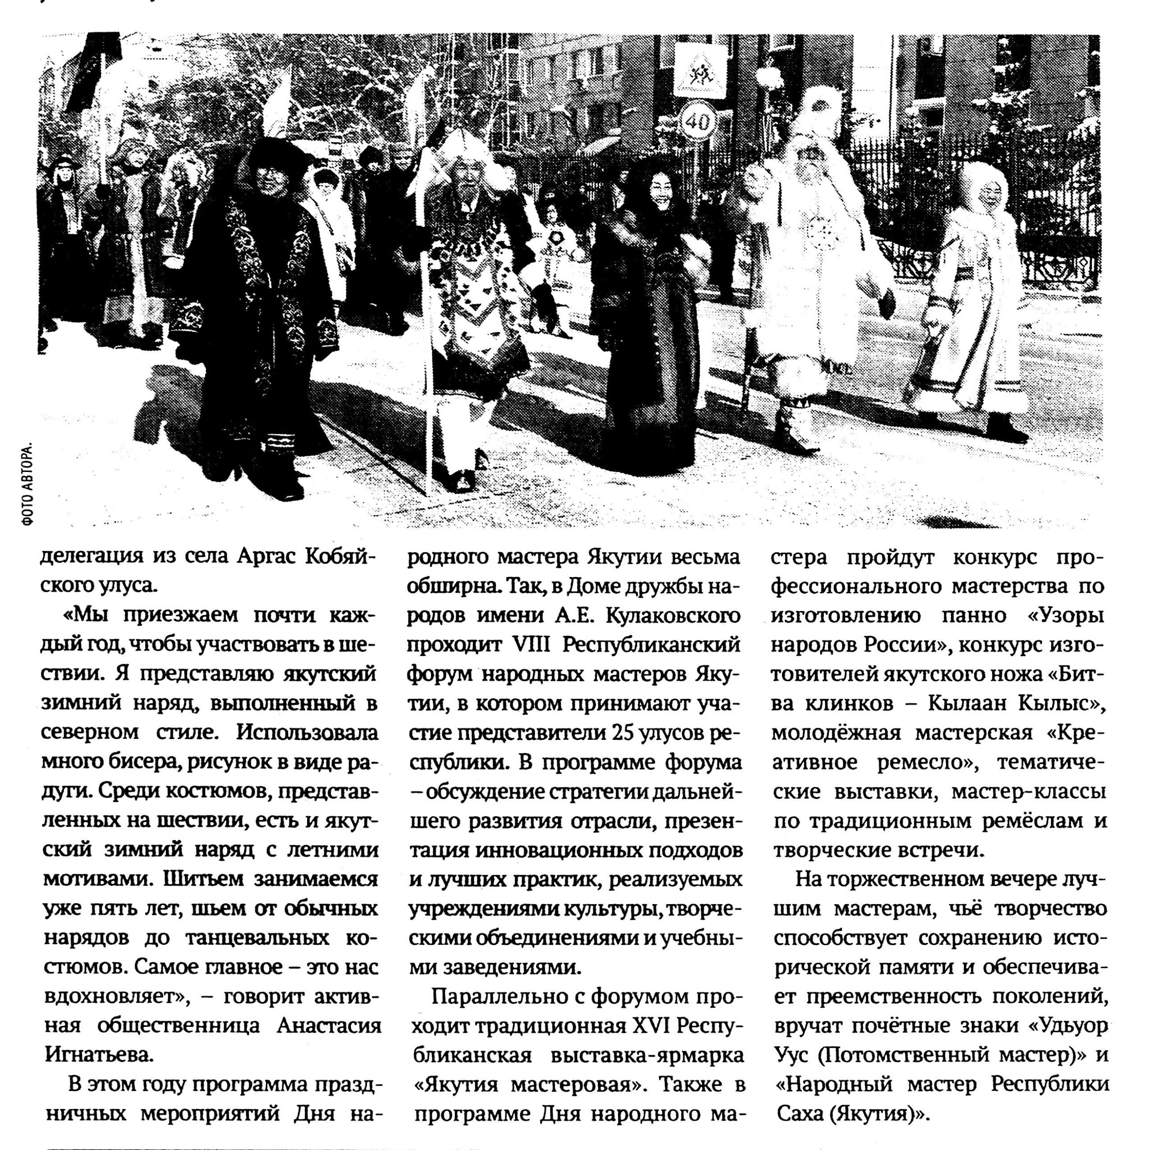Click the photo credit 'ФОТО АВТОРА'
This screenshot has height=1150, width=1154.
27,485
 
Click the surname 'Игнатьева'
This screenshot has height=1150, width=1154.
99,1055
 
